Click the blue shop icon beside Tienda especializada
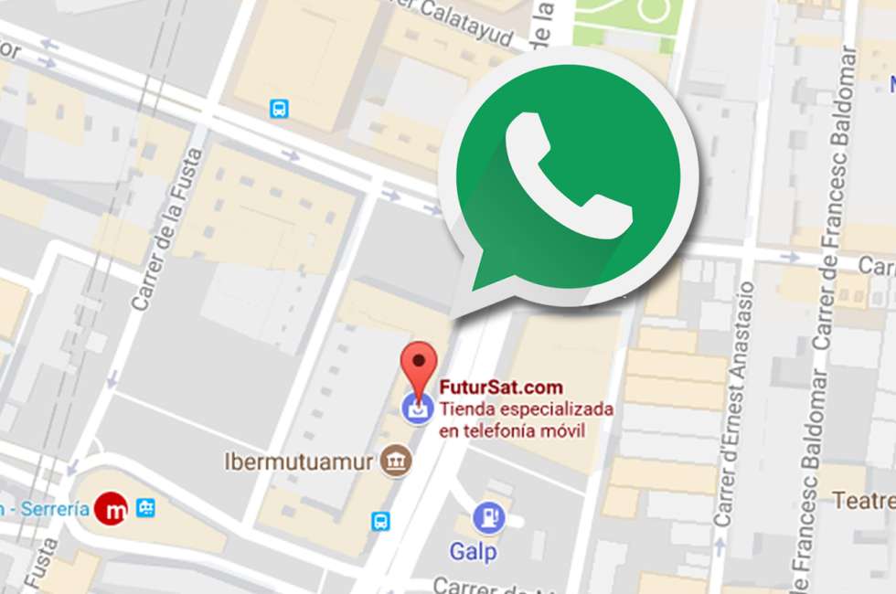419,410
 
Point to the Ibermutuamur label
298,461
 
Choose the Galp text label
473,552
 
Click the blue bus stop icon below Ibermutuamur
380,522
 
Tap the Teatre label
863,501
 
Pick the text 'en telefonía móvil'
512,430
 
